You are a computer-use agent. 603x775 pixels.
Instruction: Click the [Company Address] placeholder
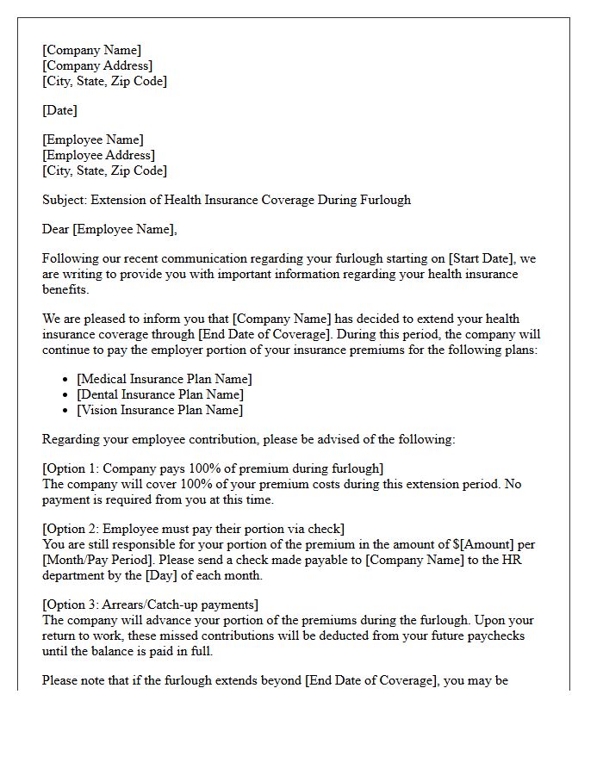click(97, 65)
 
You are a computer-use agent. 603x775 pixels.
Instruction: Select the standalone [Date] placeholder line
click(59, 110)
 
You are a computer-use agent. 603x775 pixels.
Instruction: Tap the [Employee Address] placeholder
click(98, 155)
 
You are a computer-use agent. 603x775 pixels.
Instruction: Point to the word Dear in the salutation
click(56, 229)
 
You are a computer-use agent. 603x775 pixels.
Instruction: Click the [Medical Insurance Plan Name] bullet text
click(165, 379)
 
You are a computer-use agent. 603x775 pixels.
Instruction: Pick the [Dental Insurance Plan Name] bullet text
click(160, 394)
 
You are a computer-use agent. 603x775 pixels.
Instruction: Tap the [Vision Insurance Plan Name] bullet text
click(159, 410)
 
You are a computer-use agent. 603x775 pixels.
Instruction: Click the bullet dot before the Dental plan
click(67, 394)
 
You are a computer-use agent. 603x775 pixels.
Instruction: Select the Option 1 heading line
click(213, 468)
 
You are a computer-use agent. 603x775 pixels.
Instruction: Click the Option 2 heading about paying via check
click(193, 529)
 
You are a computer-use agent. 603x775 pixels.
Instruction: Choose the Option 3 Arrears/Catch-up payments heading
click(150, 604)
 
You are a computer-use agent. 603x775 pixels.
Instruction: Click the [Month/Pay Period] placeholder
click(95, 560)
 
